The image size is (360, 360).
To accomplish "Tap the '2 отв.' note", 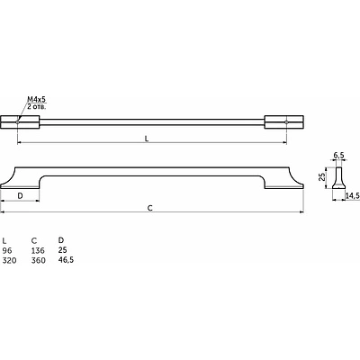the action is [x=37, y=106].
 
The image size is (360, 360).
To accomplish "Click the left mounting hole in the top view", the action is [x=18, y=122].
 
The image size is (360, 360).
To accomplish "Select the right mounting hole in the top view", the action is [x=286, y=122].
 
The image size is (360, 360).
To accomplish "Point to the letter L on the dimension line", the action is [x=147, y=139].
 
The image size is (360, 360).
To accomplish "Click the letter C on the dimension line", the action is [x=150, y=208].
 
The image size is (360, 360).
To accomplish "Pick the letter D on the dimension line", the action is [x=20, y=196].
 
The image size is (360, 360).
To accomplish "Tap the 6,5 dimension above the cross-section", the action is [x=338, y=156].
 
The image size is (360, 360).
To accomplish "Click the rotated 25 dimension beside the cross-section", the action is [x=322, y=177].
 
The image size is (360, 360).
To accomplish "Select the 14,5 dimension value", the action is [x=352, y=196].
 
